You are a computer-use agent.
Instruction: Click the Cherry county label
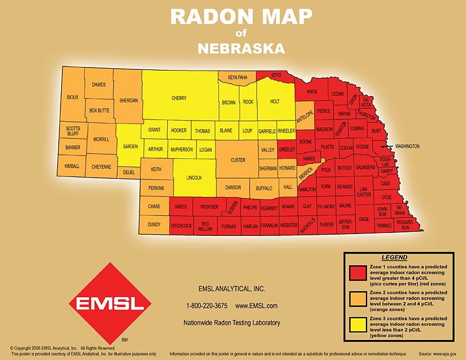pyautogui.click(x=179, y=98)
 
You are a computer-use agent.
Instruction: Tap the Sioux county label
pyautogui.click(x=72, y=96)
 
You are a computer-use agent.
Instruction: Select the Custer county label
pyautogui.click(x=238, y=160)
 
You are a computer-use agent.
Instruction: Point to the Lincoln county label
pyautogui.click(x=194, y=177)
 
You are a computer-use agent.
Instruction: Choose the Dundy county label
pyautogui.click(x=154, y=224)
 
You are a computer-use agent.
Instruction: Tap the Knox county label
pyautogui.click(x=312, y=92)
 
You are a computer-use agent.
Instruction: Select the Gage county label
pyautogui.click(x=364, y=219)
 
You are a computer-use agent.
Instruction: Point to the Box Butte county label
pyautogui.click(x=99, y=110)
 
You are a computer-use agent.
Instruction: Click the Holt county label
pyautogui.click(x=274, y=101)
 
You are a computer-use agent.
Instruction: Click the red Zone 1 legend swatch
pyautogui.click(x=357, y=273)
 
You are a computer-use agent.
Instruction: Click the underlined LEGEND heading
pyautogui.click(x=394, y=258)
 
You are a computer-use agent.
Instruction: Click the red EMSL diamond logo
pyautogui.click(x=106, y=303)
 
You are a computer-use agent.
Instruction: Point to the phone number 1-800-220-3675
pyautogui.click(x=207, y=306)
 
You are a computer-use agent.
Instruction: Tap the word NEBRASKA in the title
pyautogui.click(x=233, y=48)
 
